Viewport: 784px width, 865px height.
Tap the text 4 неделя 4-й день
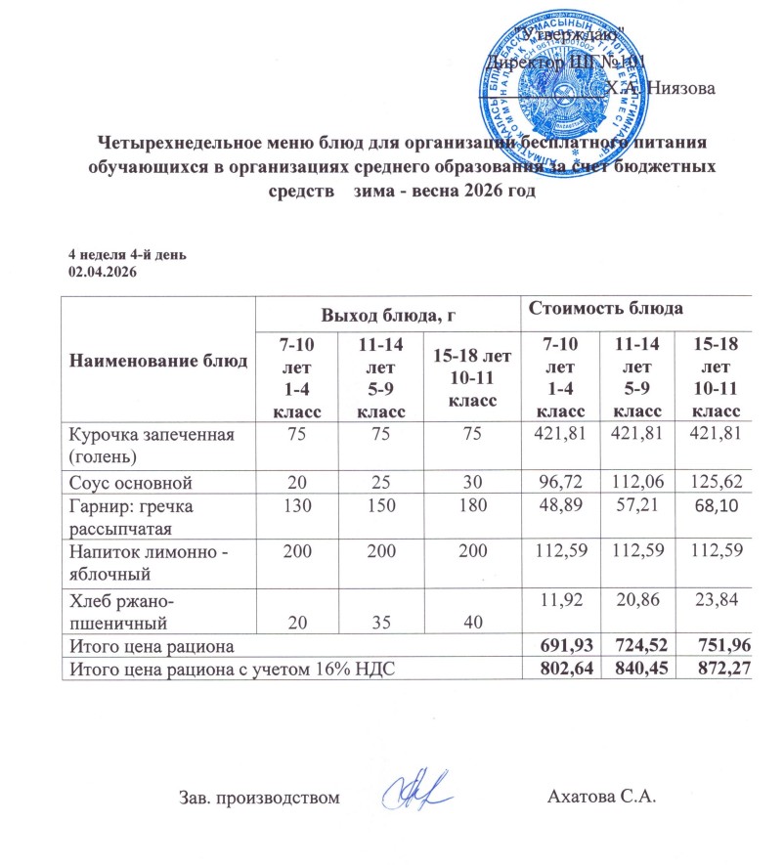127,254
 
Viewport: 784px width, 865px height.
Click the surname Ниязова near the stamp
680,88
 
